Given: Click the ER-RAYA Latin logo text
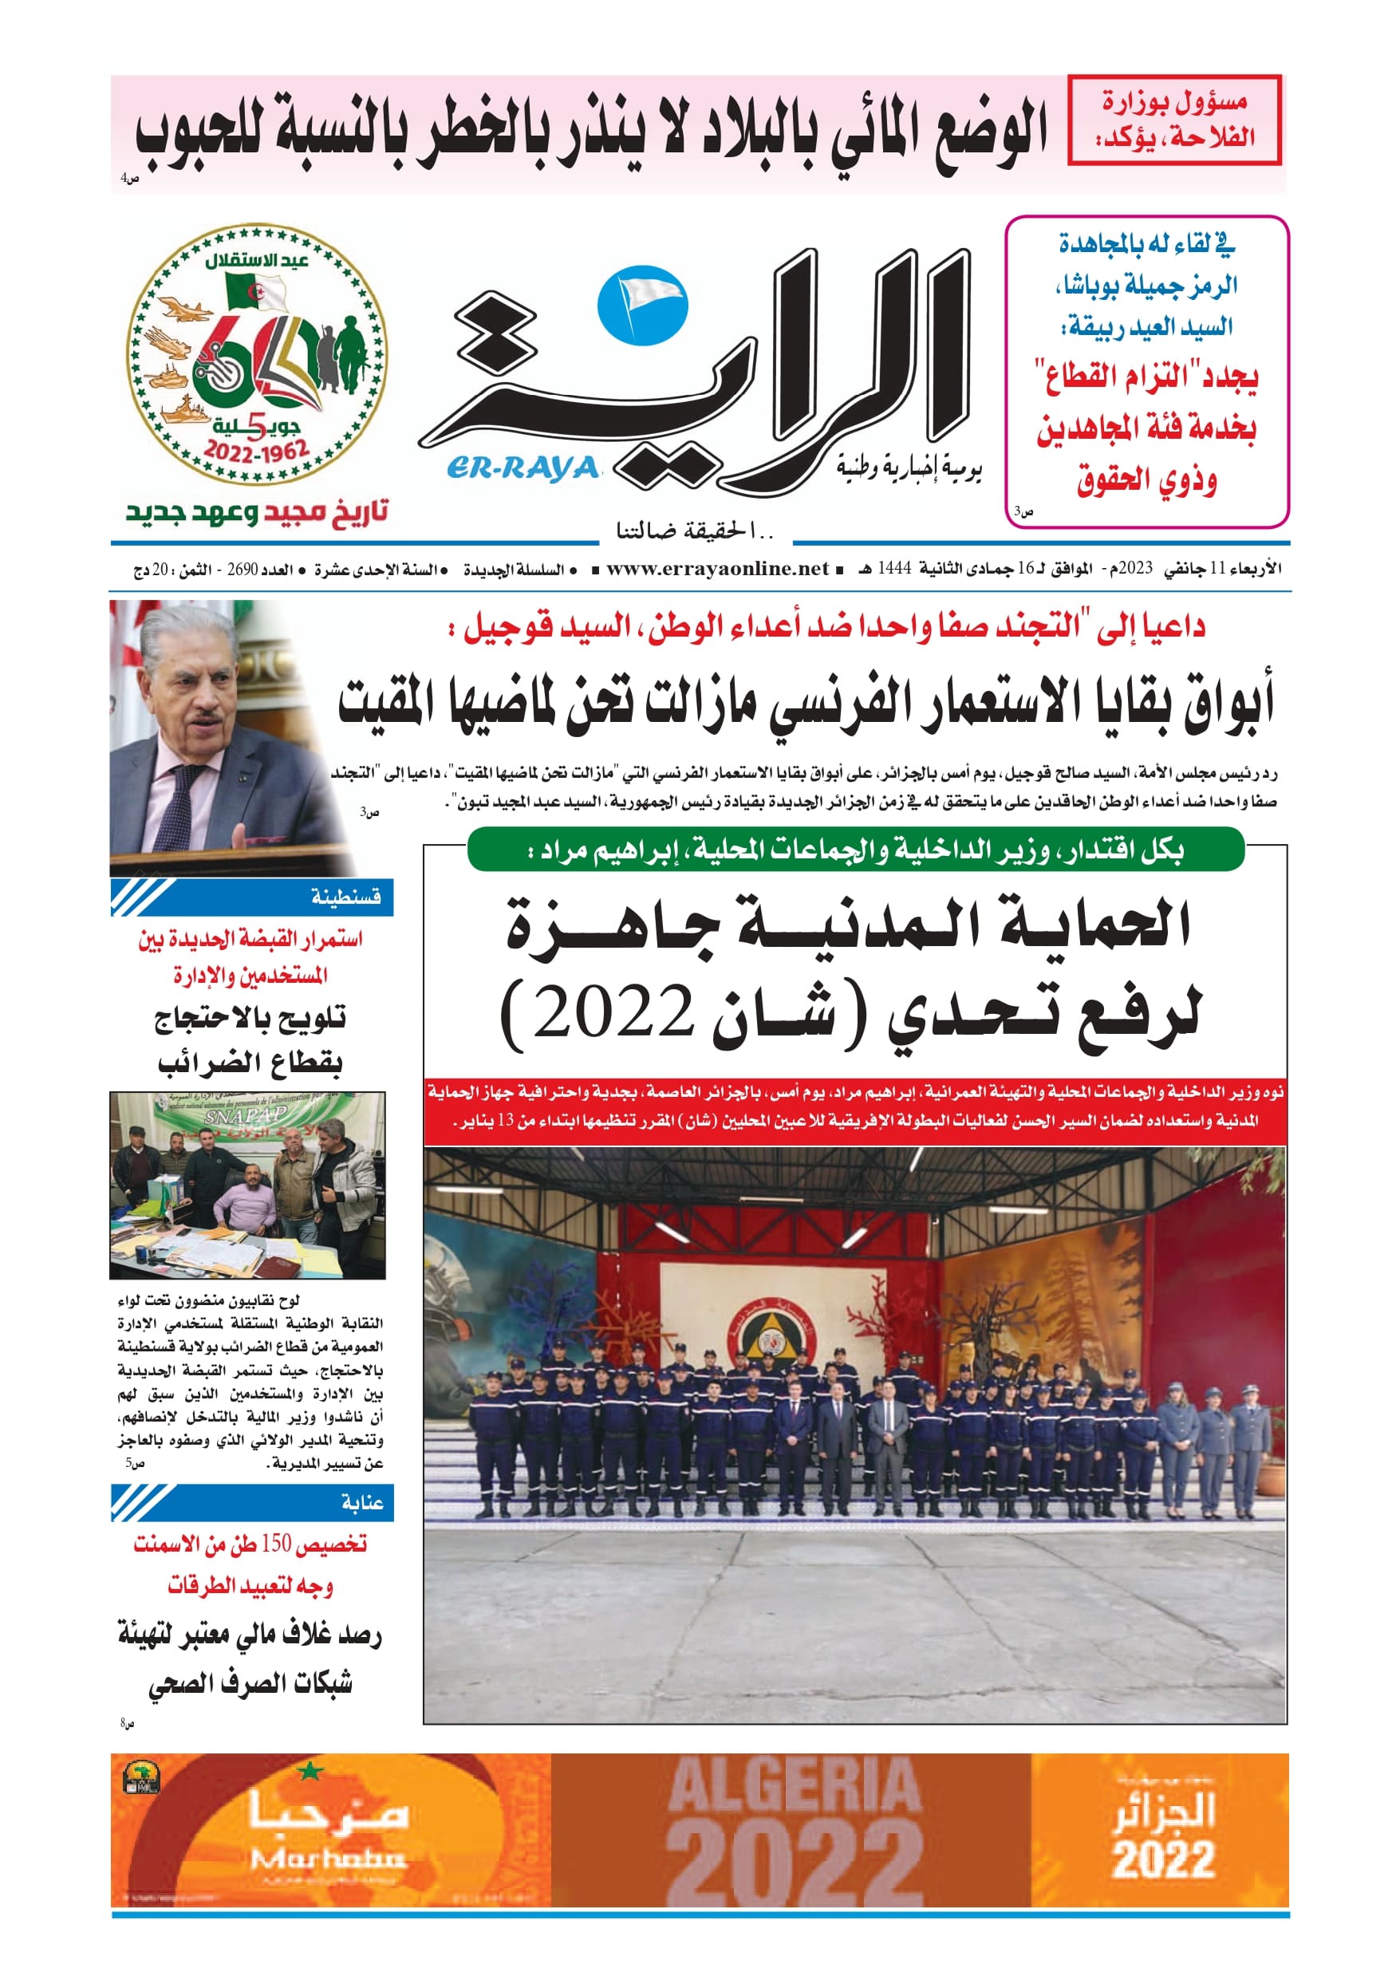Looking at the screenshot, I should [x=523, y=468].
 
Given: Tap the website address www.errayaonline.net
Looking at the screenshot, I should [x=718, y=569].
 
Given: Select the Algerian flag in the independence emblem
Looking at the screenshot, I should [x=255, y=291].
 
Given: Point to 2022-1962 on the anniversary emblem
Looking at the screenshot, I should [x=256, y=451].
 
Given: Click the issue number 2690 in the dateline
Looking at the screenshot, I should [x=243, y=570].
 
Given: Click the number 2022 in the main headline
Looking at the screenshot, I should [x=614, y=1012].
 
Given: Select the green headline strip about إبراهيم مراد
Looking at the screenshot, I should [x=855, y=851].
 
